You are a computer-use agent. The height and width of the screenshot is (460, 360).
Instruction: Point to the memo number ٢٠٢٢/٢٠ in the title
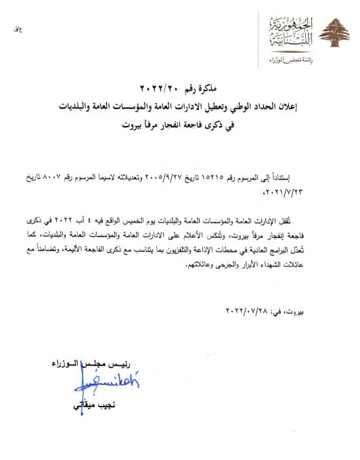pyautogui.click(x=160, y=88)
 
